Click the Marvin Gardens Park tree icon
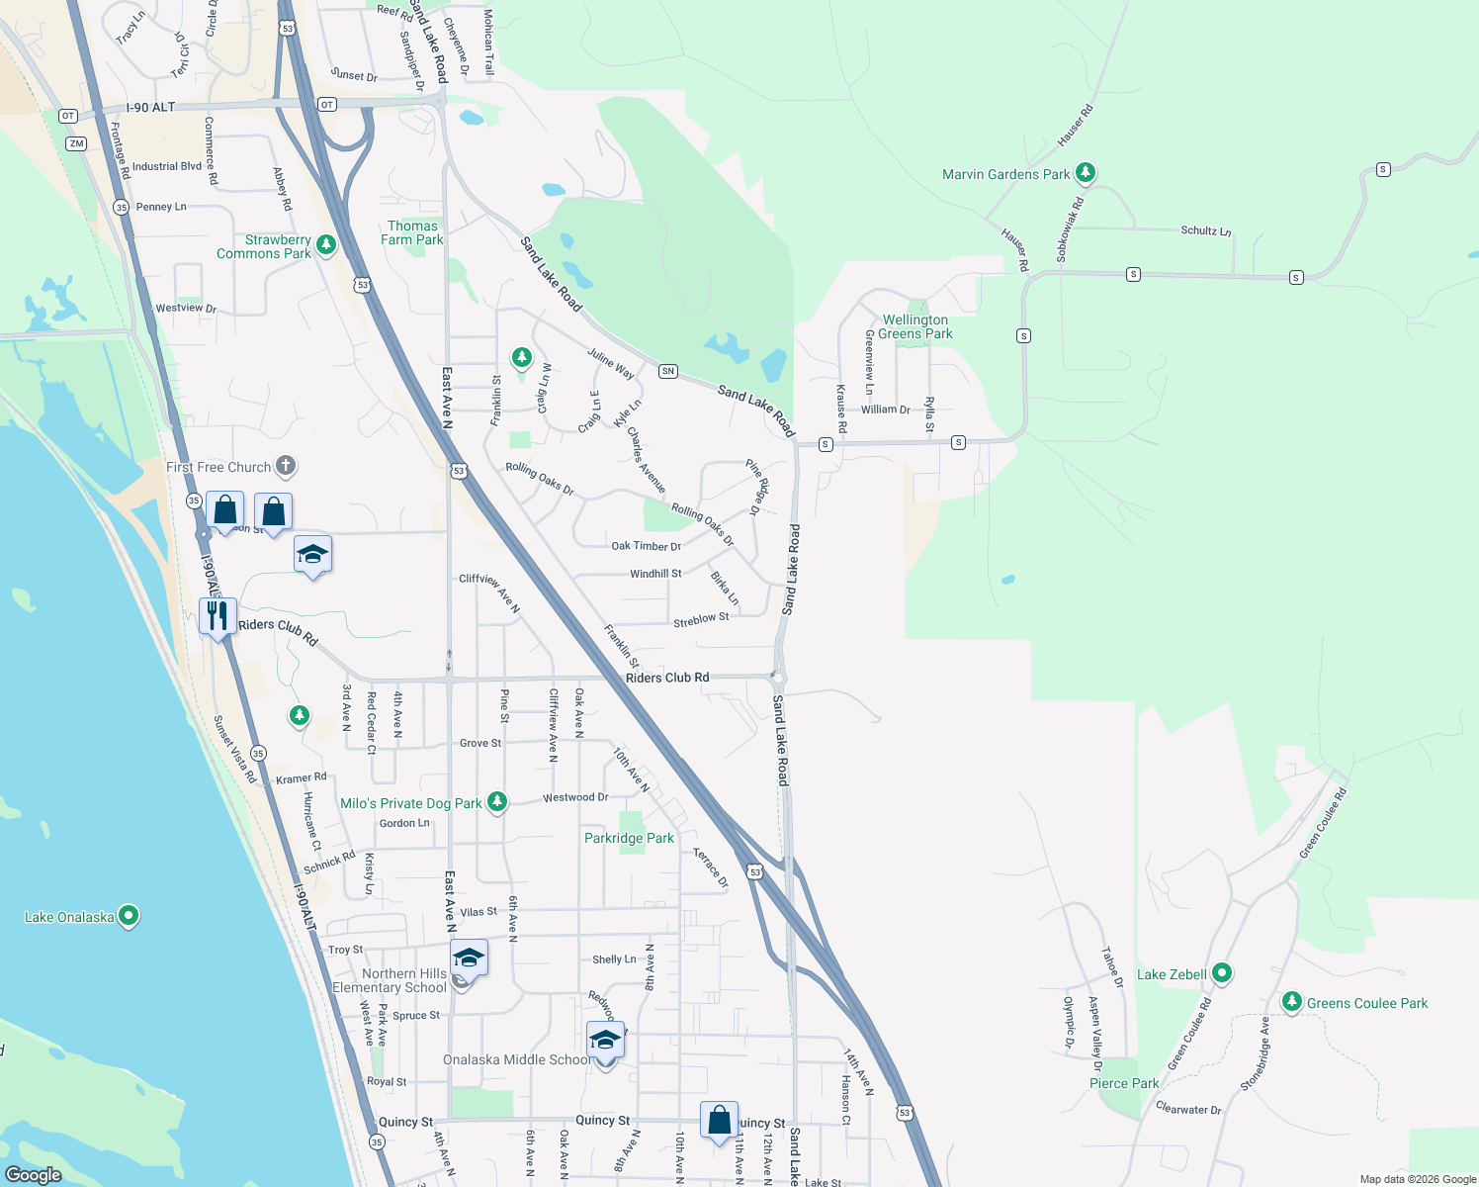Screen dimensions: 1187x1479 tap(1086, 173)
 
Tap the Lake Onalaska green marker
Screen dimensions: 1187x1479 tap(129, 916)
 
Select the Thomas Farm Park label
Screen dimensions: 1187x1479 tap(412, 233)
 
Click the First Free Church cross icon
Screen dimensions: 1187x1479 tap(285, 465)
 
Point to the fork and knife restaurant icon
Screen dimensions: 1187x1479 tap(217, 616)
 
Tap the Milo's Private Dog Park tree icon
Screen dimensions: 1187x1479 tap(497, 802)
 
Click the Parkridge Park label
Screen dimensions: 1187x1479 tap(629, 838)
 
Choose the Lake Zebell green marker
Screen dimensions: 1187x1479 tap(1222, 973)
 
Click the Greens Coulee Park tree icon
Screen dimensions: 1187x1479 tap(1291, 1002)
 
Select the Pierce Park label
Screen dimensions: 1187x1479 tap(1124, 1083)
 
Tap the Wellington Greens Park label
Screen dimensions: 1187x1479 tap(916, 326)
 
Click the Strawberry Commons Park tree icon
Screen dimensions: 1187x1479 tap(326, 244)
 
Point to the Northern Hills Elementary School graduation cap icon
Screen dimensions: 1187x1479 tap(469, 959)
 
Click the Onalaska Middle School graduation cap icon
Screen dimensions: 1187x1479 tap(605, 1041)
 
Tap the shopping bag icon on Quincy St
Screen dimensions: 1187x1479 tap(720, 1121)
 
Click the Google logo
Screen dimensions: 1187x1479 tap(34, 1174)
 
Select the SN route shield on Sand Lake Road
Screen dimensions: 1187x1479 tap(668, 371)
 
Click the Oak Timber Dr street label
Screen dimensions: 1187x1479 tap(646, 546)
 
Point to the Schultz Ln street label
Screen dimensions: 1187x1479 tap(1206, 230)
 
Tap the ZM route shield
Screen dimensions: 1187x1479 tap(76, 143)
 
